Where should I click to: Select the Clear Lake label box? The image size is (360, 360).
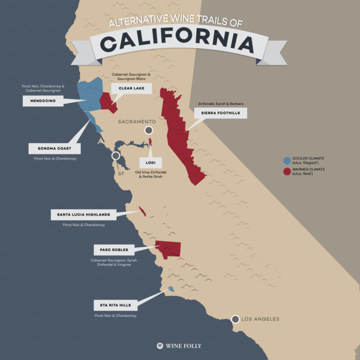[131, 88]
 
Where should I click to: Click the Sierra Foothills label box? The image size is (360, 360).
[220, 112]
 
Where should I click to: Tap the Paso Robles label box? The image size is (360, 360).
[110, 249]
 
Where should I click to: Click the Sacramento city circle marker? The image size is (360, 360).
[149, 130]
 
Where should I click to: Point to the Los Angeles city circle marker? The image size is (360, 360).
[235, 319]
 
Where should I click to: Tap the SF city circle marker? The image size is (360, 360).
[116, 156]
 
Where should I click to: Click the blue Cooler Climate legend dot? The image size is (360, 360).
[287, 161]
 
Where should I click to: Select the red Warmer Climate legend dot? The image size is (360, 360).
[287, 172]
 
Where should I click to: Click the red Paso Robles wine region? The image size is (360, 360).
[168, 248]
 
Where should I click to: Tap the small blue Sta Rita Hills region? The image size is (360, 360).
[171, 289]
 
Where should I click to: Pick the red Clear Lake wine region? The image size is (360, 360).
[107, 101]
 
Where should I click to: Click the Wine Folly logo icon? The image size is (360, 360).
[160, 346]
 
